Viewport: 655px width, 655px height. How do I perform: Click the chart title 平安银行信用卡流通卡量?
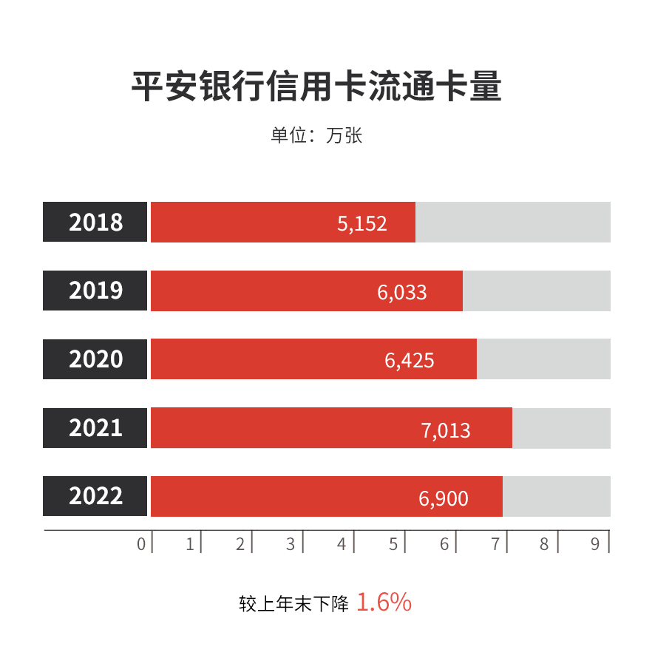pos(316,86)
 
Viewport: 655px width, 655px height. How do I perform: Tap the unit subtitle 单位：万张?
pos(316,136)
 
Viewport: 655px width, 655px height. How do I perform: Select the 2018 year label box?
pos(95,222)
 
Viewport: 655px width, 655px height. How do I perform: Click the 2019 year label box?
pos(95,291)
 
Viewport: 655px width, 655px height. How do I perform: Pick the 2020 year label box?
pos(95,359)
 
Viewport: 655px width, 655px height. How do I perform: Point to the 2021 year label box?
pos(95,428)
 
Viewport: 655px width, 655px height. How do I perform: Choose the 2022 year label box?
pos(95,496)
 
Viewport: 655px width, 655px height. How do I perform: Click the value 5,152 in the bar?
pos(362,223)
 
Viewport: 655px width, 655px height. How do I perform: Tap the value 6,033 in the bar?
pos(402,292)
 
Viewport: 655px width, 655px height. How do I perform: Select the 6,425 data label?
pos(410,361)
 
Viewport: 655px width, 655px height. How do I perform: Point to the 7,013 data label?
pos(446,430)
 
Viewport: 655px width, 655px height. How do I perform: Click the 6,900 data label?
pos(444,498)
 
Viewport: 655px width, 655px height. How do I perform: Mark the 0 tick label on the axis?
pos(141,544)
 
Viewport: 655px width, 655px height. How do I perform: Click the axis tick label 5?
pos(393,544)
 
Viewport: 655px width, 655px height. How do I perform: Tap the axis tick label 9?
pos(595,544)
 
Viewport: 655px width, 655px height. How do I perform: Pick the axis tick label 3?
pos(291,544)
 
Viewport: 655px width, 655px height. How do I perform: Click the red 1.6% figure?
pos(384,603)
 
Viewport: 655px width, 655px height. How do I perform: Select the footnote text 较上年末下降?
pos(293,604)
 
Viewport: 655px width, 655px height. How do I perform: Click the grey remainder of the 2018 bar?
pos(513,222)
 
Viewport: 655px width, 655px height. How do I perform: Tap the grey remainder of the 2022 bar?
pos(557,496)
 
